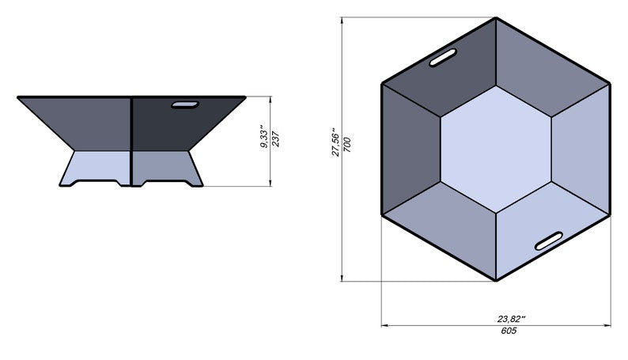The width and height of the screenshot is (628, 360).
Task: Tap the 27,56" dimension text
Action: (x=335, y=142)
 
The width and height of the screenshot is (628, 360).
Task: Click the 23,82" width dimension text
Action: (x=512, y=319)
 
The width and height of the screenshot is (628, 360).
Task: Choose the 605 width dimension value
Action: (x=509, y=331)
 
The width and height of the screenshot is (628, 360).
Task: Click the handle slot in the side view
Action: (x=185, y=104)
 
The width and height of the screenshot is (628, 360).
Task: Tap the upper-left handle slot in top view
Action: (x=443, y=59)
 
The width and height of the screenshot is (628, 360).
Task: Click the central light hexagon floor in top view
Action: (x=496, y=149)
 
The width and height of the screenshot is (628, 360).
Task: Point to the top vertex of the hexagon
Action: (x=496, y=17)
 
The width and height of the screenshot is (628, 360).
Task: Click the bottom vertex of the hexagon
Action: (x=496, y=281)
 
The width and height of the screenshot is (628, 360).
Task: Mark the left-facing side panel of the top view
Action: (x=410, y=149)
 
